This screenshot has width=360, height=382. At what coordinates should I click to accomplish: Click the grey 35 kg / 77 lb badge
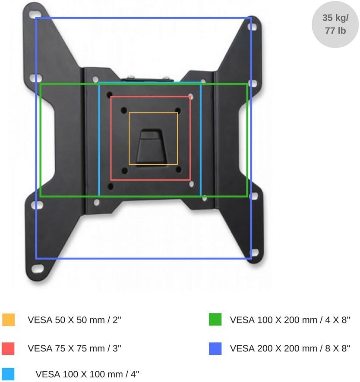coord(335,25)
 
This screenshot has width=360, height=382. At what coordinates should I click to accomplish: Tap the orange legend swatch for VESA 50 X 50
coord(8,319)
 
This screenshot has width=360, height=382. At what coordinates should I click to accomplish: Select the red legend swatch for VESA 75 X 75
coord(8,348)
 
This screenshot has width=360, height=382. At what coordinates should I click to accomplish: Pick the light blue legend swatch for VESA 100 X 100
coord(8,374)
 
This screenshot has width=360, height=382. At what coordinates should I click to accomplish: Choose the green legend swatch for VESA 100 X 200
coord(215,319)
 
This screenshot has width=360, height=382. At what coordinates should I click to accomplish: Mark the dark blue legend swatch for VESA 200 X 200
coord(215,348)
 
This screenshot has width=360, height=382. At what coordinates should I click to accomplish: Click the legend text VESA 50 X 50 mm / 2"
coord(74,320)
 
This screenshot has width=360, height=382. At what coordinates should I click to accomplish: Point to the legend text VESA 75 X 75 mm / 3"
coord(74,348)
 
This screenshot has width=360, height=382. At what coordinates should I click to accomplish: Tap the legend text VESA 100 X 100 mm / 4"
coord(87,374)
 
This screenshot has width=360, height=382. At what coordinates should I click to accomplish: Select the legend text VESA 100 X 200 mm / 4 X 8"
coord(290,320)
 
